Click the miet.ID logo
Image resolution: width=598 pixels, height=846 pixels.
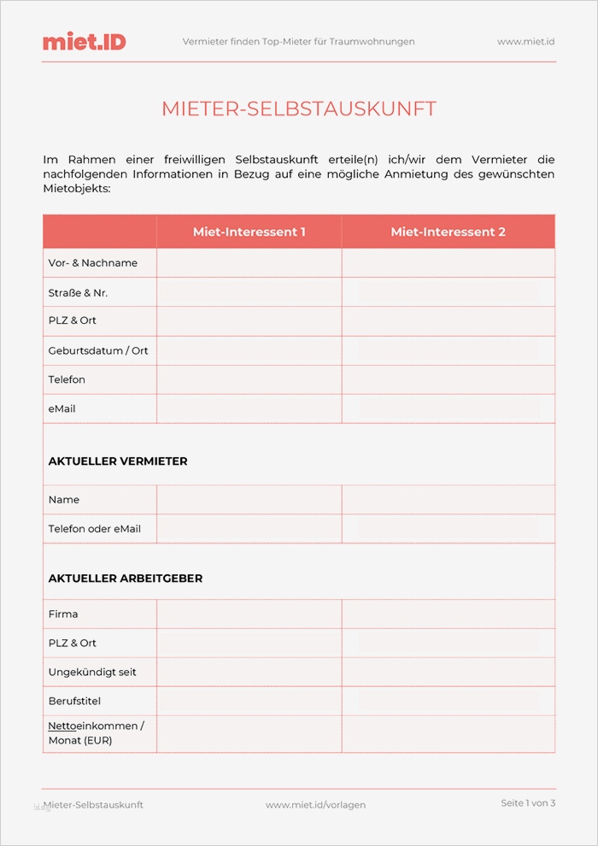(x=84, y=41)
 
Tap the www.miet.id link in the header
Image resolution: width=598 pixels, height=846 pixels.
(x=526, y=41)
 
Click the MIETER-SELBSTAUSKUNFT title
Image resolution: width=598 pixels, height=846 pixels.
(x=299, y=109)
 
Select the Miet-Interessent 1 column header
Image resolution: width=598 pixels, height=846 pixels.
(x=249, y=232)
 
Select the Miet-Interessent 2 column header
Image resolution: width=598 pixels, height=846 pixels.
(x=448, y=232)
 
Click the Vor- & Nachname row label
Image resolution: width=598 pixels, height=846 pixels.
(x=93, y=263)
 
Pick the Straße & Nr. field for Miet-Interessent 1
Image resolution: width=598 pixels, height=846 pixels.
(x=249, y=292)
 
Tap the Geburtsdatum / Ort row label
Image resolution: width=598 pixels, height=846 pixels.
(x=98, y=350)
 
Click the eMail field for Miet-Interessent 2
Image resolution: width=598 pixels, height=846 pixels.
(x=448, y=408)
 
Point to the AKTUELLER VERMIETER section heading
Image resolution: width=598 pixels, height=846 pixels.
(x=118, y=461)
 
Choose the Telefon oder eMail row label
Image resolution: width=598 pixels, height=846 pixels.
(x=95, y=529)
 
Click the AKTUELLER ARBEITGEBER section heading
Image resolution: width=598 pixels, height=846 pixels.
(x=126, y=579)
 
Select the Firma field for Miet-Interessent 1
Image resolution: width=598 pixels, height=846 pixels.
(x=249, y=614)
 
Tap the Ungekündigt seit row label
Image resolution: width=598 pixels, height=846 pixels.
(x=92, y=673)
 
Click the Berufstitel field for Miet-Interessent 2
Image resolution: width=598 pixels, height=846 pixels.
(x=448, y=701)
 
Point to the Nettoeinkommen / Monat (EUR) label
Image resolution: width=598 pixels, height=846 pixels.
(x=96, y=733)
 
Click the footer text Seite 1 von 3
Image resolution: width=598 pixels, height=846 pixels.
(x=528, y=803)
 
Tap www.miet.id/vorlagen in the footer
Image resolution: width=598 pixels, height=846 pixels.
(x=315, y=805)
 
